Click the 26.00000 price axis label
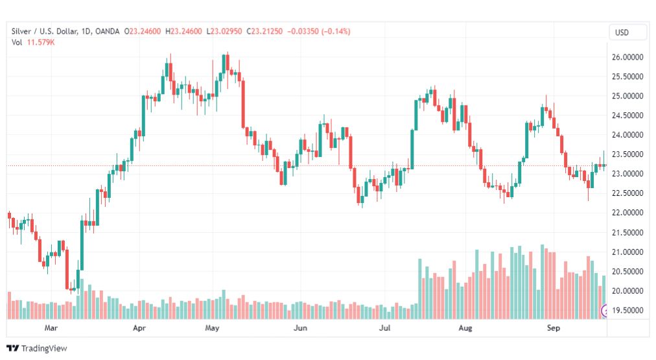point(627,57)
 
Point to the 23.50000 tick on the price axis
point(627,154)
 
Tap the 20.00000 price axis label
point(627,291)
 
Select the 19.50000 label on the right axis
point(627,310)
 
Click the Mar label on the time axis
point(51,328)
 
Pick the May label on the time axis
point(212,328)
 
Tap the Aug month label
point(465,328)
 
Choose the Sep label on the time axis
point(553,328)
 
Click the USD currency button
point(622,32)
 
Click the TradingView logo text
point(44,348)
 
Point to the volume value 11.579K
point(41,42)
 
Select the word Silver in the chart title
point(21,31)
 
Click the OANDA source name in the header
point(107,31)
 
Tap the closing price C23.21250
point(264,31)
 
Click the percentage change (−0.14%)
point(336,31)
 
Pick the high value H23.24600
point(183,31)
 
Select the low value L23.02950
point(224,31)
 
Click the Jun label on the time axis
point(300,328)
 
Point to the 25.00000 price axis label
point(627,96)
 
